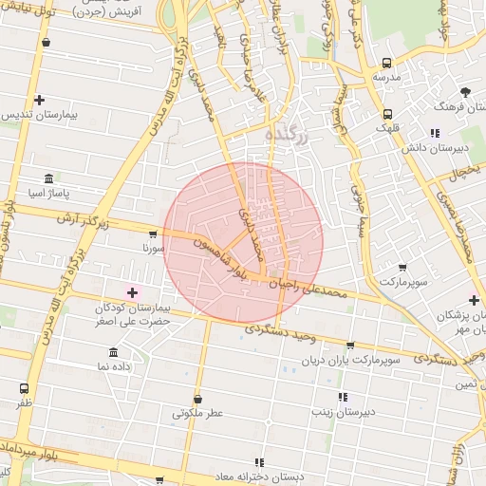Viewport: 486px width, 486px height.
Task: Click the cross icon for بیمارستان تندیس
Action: point(39,100)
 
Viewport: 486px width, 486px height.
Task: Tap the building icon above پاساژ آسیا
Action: point(48,178)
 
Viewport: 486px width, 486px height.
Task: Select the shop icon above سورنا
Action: point(153,234)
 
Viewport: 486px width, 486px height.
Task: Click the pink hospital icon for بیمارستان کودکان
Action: point(132,291)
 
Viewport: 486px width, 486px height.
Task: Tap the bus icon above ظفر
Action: point(24,388)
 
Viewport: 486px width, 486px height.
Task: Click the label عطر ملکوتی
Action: point(196,413)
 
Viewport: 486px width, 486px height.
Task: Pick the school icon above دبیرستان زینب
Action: point(343,397)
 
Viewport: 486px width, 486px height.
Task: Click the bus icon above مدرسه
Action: point(384,61)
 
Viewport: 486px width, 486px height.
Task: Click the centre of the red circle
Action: point(243,241)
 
